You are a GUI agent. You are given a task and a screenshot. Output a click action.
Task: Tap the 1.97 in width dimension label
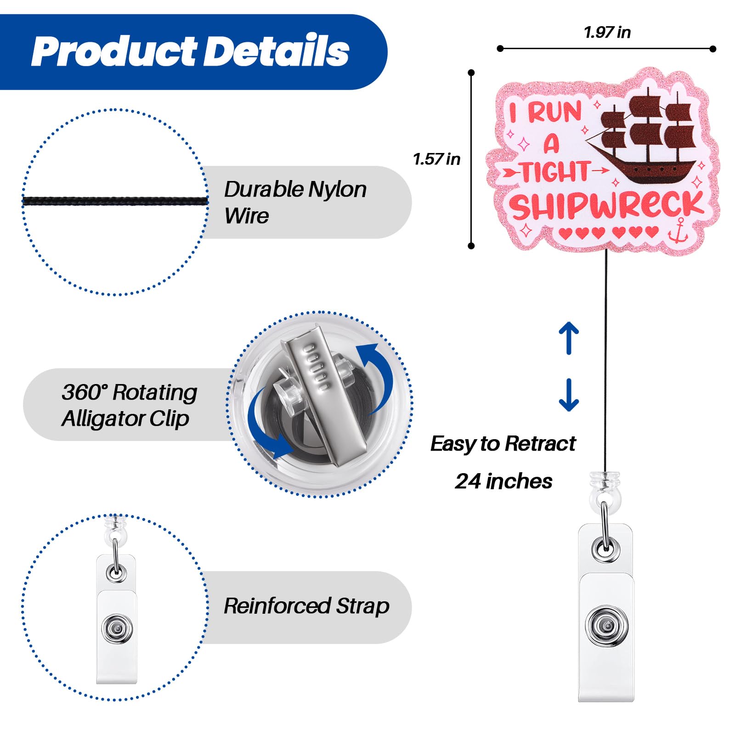(x=607, y=33)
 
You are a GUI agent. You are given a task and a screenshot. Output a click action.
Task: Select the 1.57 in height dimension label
(x=436, y=159)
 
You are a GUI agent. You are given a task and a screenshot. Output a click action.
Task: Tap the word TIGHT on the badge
(x=555, y=171)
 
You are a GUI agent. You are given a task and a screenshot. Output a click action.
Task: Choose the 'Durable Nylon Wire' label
(x=295, y=202)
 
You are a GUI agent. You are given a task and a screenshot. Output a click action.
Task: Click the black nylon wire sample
(x=115, y=201)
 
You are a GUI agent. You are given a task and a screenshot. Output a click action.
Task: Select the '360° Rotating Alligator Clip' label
(x=129, y=405)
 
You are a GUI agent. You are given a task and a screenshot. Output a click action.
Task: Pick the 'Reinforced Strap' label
(x=306, y=606)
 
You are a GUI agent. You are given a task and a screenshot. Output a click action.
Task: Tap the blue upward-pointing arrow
(x=569, y=338)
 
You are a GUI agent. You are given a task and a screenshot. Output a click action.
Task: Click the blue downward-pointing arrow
(x=569, y=395)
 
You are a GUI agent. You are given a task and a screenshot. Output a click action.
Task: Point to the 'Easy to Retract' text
(x=503, y=444)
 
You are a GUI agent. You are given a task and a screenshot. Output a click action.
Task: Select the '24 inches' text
(x=503, y=481)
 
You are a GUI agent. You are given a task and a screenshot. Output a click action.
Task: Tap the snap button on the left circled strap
(x=117, y=628)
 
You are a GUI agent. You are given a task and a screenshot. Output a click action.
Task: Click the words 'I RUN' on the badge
(x=546, y=112)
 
